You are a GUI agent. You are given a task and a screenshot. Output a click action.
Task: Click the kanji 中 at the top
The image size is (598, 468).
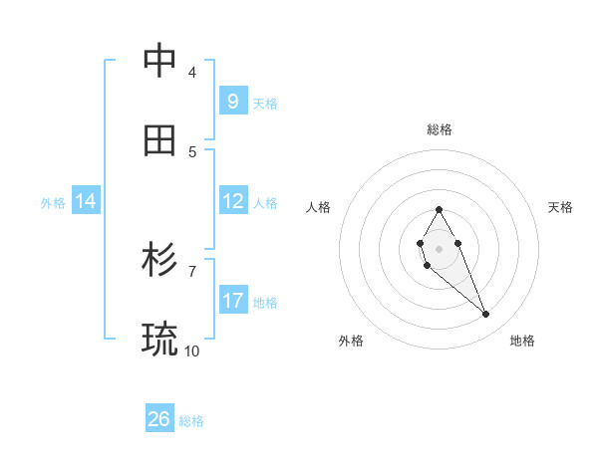tap(159, 61)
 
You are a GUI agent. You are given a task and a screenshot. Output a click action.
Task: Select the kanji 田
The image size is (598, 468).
tap(159, 140)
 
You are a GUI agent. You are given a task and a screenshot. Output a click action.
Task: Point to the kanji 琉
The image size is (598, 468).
tap(159, 340)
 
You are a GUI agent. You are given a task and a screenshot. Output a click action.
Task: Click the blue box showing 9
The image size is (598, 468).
tap(232, 102)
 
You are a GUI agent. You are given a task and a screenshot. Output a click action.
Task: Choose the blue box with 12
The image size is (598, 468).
tap(232, 201)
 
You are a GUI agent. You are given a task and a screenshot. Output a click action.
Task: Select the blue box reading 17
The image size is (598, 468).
tap(232, 301)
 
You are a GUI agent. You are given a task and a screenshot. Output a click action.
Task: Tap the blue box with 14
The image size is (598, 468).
tap(86, 201)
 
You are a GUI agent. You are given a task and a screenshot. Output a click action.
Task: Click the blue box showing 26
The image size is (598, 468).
tap(159, 419)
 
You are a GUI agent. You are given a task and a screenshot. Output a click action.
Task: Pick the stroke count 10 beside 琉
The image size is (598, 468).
tap(191, 351)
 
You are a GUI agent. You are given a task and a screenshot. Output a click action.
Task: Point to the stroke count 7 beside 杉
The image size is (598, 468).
tap(191, 270)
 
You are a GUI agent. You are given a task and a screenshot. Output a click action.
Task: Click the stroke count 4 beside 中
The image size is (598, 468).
tap(191, 72)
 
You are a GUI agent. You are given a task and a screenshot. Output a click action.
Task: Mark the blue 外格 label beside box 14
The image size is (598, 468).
tap(53, 202)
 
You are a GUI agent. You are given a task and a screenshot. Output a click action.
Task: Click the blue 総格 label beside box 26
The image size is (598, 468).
tap(191, 421)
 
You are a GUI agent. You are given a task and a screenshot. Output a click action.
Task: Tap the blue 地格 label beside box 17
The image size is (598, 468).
tap(265, 303)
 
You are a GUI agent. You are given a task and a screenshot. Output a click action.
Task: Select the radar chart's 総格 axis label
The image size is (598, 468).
tap(440, 129)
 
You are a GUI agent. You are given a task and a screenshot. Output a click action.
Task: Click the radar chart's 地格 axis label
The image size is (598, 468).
tap(522, 341)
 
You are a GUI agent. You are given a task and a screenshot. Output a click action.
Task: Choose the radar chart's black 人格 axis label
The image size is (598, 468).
tap(319, 207)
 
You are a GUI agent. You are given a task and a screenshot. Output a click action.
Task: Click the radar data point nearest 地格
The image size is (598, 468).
tap(486, 315)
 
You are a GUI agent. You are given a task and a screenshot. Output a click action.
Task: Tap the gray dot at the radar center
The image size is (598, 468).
tap(439, 247)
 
